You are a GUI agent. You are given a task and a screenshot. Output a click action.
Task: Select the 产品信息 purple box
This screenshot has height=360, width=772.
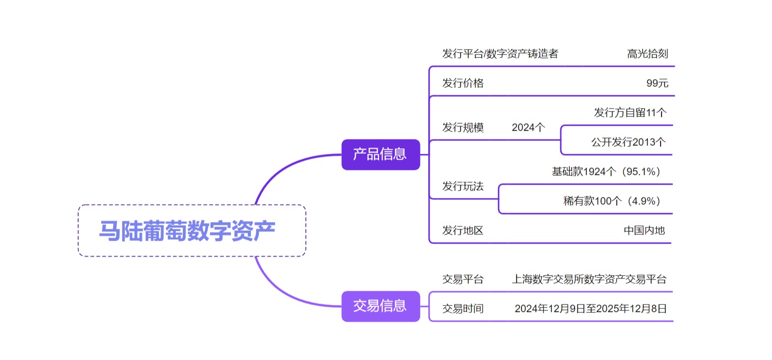pyautogui.click(x=381, y=155)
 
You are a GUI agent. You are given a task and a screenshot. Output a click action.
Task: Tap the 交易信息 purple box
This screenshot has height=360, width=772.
pyautogui.click(x=381, y=306)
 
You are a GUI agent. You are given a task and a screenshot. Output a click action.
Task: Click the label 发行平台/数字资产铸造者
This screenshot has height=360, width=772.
pyautogui.click(x=500, y=54)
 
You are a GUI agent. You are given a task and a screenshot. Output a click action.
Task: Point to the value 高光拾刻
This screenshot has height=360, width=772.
pyautogui.click(x=647, y=54)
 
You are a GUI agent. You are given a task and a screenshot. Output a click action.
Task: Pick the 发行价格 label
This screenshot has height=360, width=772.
pyautogui.click(x=463, y=83)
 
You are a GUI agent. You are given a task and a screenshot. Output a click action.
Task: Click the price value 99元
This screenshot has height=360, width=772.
pyautogui.click(x=657, y=83)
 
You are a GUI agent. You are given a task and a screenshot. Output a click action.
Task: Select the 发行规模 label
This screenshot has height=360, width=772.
pyautogui.click(x=463, y=127)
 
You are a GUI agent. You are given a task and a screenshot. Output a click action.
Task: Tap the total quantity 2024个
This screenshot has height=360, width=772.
pyautogui.click(x=528, y=127)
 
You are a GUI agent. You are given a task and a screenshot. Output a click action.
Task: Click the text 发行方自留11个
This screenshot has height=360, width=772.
pyautogui.click(x=630, y=112)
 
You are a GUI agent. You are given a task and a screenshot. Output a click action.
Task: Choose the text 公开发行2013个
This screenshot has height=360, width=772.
pyautogui.click(x=628, y=142)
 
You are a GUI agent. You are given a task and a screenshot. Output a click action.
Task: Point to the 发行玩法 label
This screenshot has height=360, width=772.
pyautogui.click(x=463, y=186)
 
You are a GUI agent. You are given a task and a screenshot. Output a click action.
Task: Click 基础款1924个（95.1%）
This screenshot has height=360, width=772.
pyautogui.click(x=607, y=171)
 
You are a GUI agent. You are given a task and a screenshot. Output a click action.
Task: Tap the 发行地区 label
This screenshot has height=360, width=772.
pyautogui.click(x=463, y=230)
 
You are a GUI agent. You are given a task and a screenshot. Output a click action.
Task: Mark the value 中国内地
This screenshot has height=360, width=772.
pyautogui.click(x=644, y=230)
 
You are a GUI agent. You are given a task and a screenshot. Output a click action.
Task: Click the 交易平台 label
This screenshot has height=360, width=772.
pyautogui.click(x=463, y=279)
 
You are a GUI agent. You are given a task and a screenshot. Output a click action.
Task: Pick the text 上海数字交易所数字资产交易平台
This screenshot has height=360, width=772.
pyautogui.click(x=589, y=279)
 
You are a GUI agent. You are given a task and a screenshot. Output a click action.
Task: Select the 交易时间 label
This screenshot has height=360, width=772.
pyautogui.click(x=463, y=308)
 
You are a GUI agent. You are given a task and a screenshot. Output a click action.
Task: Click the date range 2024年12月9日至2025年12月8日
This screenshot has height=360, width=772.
pyautogui.click(x=590, y=308)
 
